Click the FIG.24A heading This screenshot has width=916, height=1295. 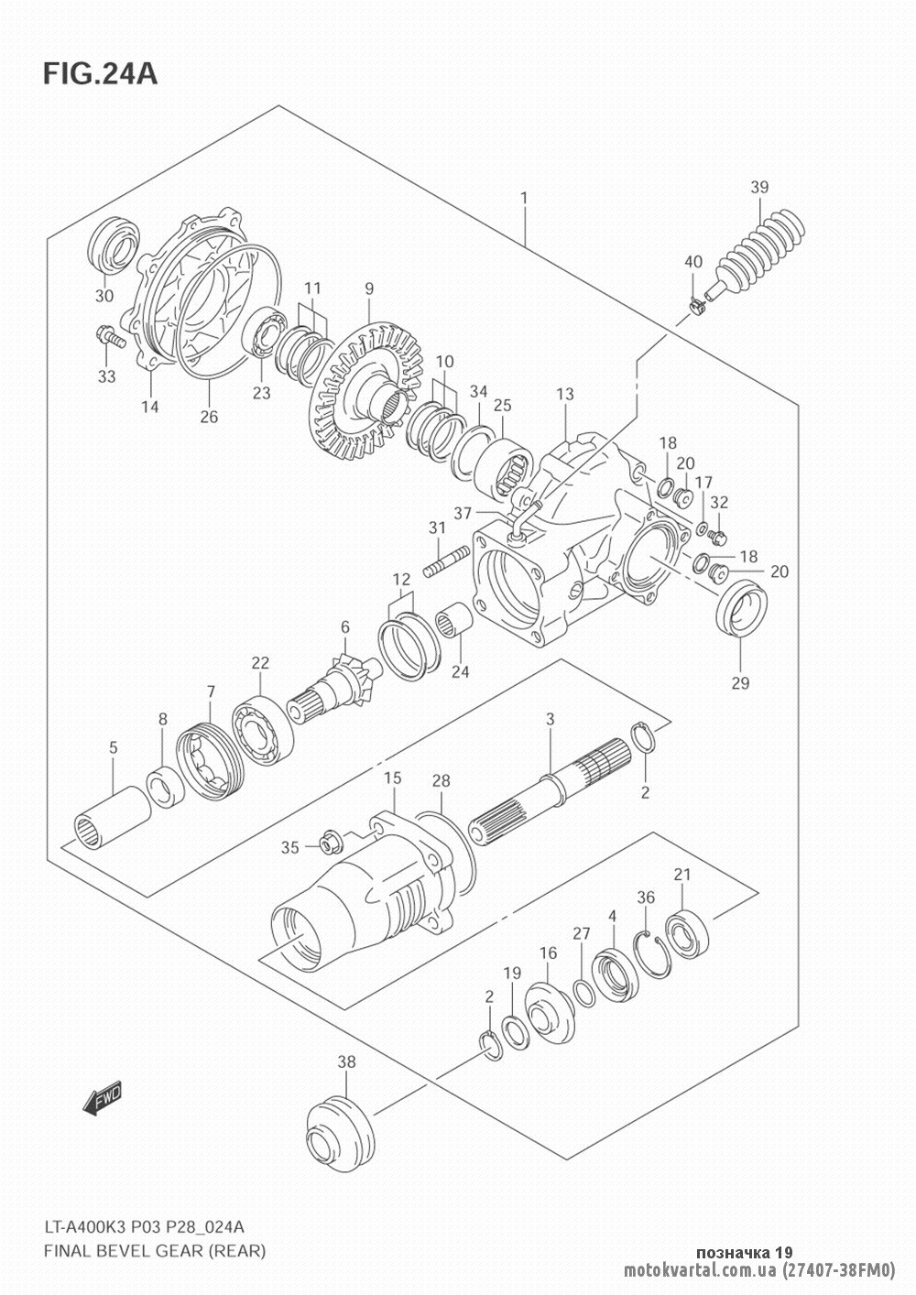[100, 73]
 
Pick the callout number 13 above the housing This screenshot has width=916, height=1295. [565, 394]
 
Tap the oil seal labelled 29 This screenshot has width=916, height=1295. [742, 611]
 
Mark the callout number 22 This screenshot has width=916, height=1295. [260, 662]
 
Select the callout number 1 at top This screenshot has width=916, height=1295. [524, 199]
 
